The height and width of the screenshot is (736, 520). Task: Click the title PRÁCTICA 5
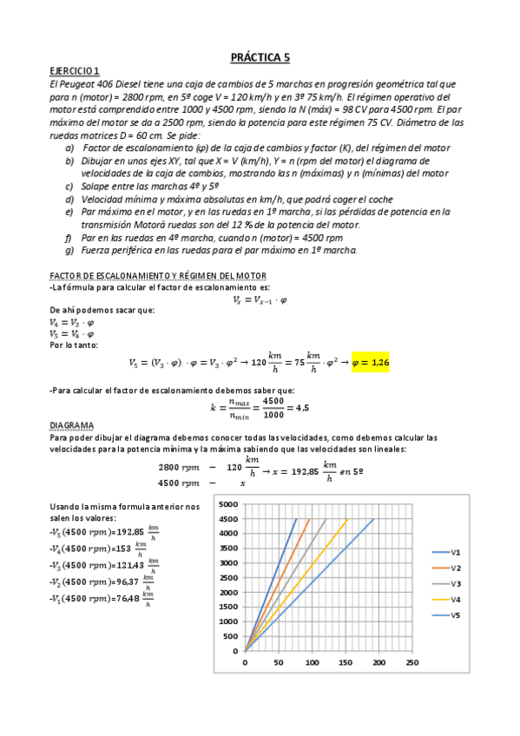point(260,58)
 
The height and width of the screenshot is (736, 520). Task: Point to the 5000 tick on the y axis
point(228,504)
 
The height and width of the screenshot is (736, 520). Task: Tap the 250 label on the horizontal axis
point(412,661)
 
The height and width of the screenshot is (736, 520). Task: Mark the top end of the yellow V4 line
point(347,519)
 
